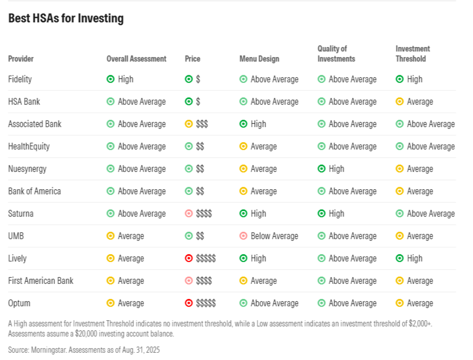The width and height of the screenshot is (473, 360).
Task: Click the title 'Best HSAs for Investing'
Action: [66, 18]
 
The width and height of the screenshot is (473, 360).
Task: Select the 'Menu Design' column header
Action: [259, 59]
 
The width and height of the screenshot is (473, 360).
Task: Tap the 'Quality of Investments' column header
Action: [336, 54]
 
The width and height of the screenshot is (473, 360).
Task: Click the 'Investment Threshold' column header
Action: [413, 54]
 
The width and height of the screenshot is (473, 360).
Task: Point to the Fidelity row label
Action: [20, 79]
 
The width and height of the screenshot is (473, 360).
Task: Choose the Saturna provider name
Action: [21, 213]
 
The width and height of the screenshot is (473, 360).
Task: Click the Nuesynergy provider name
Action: [27, 169]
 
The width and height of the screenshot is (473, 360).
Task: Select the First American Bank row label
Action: [41, 280]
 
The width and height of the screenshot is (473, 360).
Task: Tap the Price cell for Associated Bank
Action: [196, 124]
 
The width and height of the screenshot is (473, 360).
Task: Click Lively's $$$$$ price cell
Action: [200, 258]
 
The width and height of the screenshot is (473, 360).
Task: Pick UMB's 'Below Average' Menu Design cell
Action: [269, 236]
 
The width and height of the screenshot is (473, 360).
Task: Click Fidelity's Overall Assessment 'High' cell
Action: [120, 79]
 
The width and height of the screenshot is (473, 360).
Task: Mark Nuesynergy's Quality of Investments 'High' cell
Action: [331, 169]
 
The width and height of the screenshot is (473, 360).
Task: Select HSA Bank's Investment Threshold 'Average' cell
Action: [414, 102]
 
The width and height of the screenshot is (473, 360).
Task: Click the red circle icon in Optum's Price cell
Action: [189, 303]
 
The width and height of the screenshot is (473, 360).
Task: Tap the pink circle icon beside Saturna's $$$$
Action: [189, 213]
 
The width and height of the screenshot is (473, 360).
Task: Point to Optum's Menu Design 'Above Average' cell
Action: [269, 303]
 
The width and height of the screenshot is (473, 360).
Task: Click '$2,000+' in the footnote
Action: [421, 324]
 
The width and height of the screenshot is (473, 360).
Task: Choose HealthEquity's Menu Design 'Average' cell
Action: [258, 147]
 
